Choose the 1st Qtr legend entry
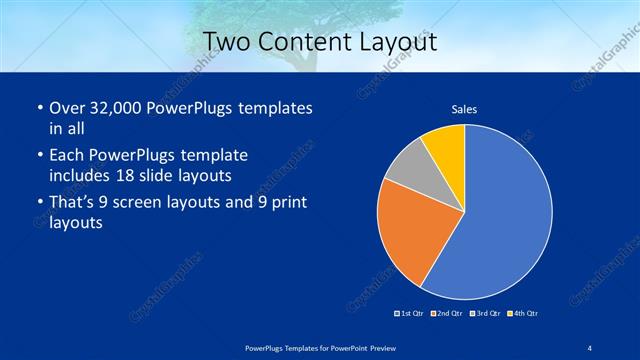[x=410, y=314]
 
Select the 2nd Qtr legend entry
[x=446, y=314]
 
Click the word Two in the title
[x=226, y=42]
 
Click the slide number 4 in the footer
[x=589, y=348]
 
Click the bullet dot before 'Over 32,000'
[x=38, y=108]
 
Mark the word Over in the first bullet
[x=64, y=108]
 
